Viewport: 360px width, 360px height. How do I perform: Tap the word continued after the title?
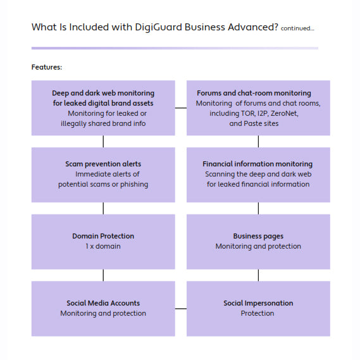(297, 28)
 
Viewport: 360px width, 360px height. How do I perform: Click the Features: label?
(47, 67)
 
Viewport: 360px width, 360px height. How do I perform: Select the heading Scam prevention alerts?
(103, 164)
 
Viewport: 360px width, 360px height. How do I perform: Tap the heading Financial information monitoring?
(258, 164)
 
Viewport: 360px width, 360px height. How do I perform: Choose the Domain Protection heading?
(103, 236)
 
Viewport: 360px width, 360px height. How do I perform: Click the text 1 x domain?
(103, 246)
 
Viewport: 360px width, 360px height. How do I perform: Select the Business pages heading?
(258, 236)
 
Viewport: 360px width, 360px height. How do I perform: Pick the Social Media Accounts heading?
(103, 303)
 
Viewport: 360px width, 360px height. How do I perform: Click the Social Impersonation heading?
(258, 303)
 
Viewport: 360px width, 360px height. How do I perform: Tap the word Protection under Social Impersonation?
(258, 313)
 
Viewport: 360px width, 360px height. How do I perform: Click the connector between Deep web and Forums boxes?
(180, 108)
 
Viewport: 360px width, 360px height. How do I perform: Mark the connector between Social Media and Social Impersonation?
(180, 309)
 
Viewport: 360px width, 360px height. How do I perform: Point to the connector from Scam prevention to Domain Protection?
(103, 208)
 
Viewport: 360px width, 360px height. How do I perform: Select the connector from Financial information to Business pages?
(258, 208)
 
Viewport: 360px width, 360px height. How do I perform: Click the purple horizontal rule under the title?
(175, 48)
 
